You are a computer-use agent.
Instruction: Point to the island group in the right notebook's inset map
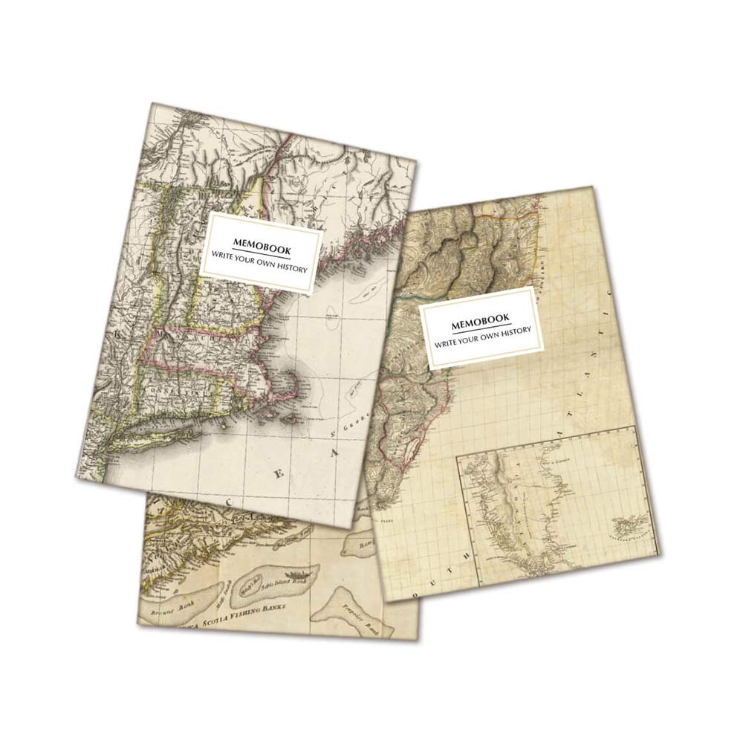624,527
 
